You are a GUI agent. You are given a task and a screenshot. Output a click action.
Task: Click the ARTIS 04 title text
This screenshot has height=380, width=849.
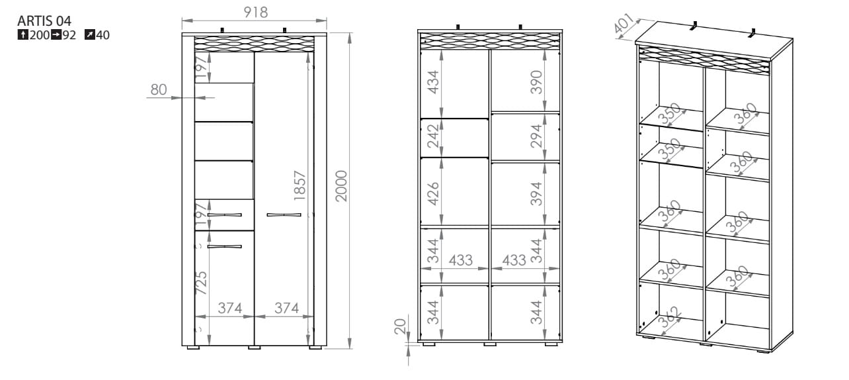44,21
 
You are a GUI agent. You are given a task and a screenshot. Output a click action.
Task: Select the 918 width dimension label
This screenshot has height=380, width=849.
256,12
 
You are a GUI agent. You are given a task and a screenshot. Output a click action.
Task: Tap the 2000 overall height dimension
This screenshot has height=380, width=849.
341,185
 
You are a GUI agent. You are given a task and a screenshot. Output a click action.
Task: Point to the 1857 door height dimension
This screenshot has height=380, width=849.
300,185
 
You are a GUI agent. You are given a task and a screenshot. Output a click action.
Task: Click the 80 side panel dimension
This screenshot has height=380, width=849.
159,89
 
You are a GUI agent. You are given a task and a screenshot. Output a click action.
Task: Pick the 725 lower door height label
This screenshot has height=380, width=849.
201,283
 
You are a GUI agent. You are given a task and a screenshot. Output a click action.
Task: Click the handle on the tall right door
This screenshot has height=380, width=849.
284,215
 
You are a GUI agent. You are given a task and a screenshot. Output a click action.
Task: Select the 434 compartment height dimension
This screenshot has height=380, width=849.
433,82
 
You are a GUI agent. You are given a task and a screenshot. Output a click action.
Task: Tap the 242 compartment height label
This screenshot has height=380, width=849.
433,136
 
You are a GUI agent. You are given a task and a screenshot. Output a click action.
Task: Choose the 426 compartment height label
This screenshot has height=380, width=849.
433,194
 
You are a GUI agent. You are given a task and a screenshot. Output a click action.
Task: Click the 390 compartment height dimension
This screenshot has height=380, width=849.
536,82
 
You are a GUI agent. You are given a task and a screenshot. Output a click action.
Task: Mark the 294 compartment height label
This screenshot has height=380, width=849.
536,136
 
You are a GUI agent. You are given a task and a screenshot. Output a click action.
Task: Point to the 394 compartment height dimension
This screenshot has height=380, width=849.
536,194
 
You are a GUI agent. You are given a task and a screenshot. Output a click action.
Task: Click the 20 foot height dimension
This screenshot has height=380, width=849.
400,326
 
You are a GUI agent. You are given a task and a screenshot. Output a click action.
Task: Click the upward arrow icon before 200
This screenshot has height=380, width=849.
22,35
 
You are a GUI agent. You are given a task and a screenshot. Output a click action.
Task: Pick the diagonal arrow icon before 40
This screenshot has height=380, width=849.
89,35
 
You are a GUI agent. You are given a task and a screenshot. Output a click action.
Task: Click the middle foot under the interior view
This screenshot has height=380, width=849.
490,344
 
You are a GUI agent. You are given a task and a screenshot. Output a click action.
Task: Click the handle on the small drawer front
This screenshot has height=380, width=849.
224,215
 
